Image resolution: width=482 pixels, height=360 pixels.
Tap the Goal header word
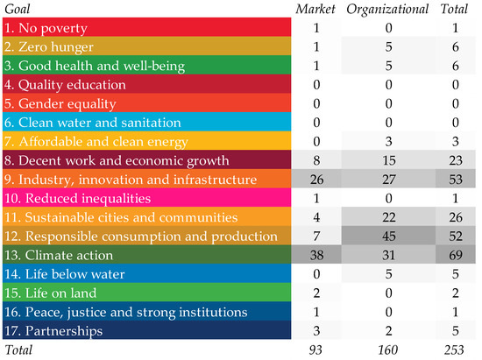pos(18,10)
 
